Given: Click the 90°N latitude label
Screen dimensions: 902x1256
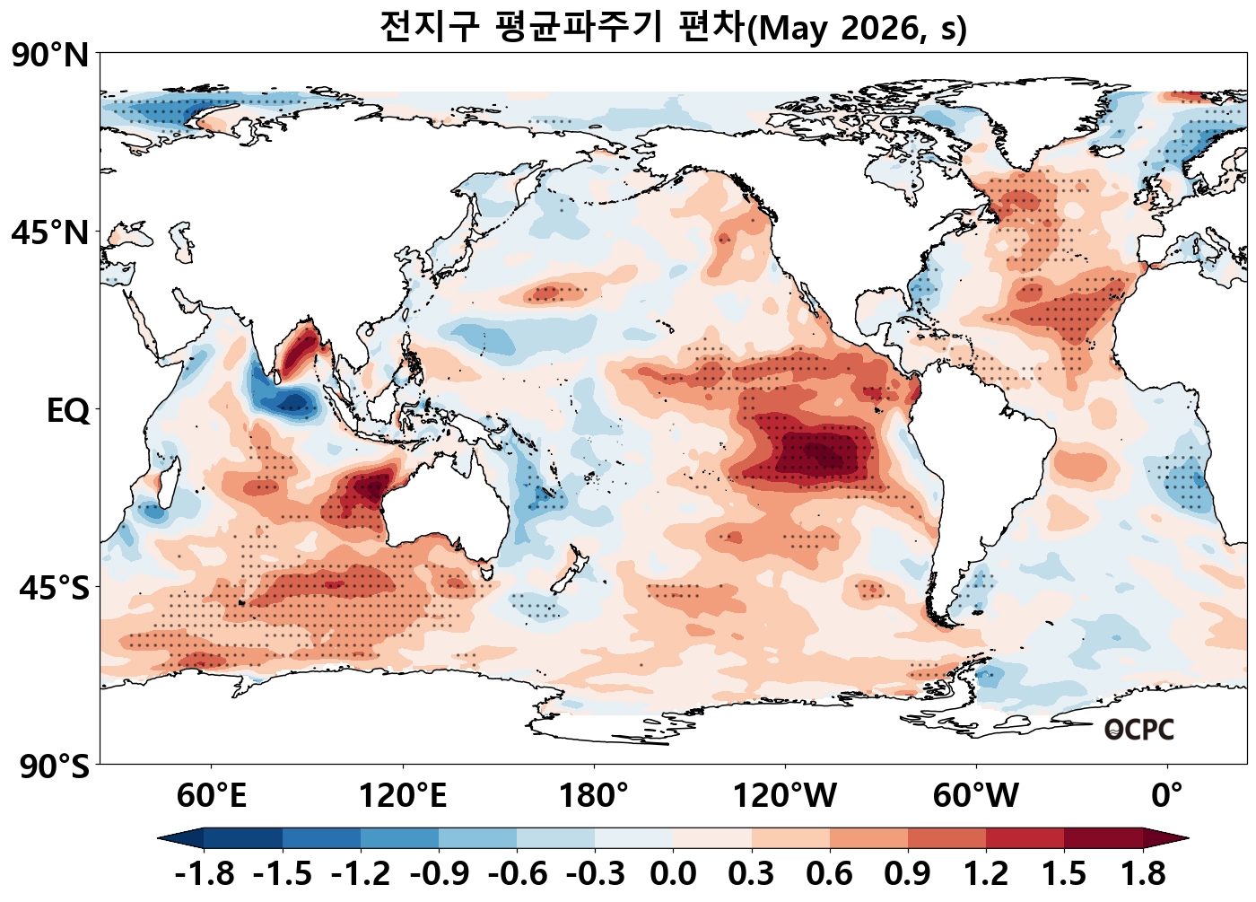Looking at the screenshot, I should point(50,56).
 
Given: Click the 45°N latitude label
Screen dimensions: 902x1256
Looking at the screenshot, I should point(50,233).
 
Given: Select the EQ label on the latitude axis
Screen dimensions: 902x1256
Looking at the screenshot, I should point(68,411).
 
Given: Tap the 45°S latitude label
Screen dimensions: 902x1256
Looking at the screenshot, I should point(54,589).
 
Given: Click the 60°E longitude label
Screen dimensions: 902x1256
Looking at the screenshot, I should point(211,795).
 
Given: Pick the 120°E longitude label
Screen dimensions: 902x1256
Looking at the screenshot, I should point(402,795).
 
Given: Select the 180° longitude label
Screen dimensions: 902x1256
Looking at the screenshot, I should point(594,795).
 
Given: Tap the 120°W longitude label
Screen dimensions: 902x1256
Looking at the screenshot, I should point(785,795).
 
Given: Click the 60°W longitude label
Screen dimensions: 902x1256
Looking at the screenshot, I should point(976,795).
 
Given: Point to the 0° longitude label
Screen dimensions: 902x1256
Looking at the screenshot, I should point(1167,795).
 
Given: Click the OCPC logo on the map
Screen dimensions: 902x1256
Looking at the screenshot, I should point(1138,730).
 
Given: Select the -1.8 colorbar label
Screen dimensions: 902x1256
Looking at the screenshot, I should point(205,873).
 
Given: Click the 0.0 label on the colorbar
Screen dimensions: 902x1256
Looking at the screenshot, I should point(673,873).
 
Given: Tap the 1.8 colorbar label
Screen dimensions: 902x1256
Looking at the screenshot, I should point(1143,873).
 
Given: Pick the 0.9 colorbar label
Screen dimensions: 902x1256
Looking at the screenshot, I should point(907,873).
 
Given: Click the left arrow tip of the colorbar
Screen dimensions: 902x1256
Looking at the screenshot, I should point(161,838).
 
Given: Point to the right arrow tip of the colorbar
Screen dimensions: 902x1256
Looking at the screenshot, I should point(1186,838).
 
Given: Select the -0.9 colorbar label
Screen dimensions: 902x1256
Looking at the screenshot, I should point(439,873).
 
